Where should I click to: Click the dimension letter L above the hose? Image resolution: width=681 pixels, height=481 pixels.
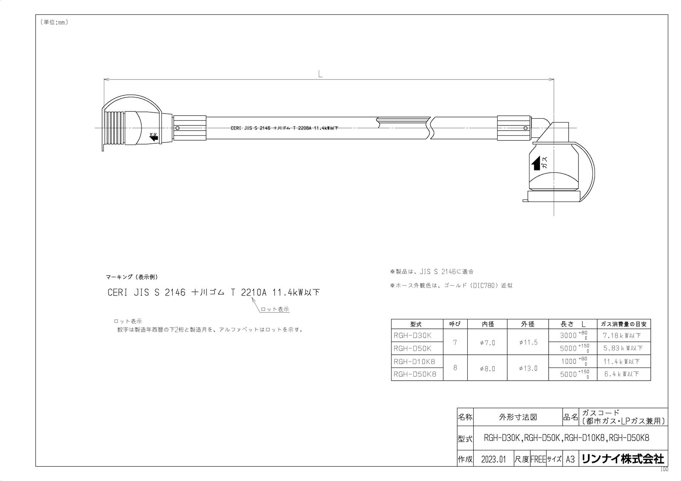tap(320, 74)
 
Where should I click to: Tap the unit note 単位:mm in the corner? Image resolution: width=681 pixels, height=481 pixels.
tap(54, 22)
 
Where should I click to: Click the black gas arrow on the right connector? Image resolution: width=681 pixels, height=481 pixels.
tap(536, 163)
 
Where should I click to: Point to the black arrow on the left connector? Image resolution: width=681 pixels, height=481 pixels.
tap(154, 137)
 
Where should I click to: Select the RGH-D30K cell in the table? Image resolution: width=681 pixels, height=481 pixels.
tap(412, 336)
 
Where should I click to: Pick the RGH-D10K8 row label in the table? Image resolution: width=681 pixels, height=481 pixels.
tap(415, 361)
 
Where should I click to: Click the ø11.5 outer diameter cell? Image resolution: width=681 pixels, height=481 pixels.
tap(528, 342)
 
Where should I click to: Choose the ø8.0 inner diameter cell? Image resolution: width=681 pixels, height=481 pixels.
tap(488, 369)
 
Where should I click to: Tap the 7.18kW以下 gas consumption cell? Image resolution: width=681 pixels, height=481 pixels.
tap(622, 336)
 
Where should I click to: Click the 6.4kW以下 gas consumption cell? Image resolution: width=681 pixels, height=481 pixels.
tap(622, 374)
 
